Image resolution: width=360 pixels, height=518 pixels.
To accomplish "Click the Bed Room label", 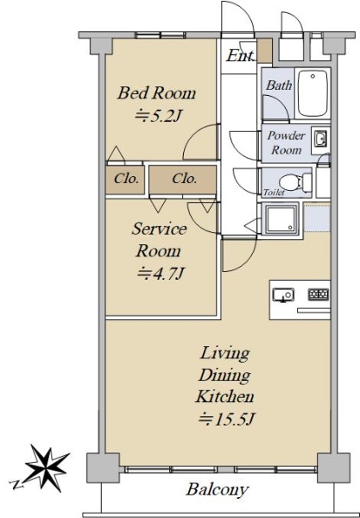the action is pos(156,93).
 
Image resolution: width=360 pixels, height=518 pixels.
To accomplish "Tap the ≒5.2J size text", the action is pos(159,116).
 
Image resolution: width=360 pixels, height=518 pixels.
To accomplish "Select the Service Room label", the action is pos(159,239).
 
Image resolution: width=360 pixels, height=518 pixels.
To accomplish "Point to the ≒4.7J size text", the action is pos(161,274).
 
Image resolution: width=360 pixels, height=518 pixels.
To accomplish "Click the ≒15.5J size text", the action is pos(226,420).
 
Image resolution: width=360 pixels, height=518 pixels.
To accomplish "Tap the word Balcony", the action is pos(217,490).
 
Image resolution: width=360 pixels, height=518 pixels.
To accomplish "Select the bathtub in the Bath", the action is pos(313,93).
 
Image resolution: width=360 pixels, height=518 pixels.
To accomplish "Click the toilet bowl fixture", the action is pos(295,183).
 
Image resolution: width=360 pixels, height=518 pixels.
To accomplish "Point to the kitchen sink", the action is pos(283,294).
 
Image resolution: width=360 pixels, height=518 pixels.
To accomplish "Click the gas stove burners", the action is pos(319,294).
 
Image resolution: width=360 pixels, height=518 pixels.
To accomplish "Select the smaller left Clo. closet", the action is pos(125,180).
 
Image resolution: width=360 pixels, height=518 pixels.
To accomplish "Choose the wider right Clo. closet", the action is pos(183,180).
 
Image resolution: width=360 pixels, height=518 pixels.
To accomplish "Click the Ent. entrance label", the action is pos(241,55).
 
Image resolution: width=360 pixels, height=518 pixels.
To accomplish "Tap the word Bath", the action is pos(279,85).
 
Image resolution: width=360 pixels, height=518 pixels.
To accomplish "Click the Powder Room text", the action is pos(286,142).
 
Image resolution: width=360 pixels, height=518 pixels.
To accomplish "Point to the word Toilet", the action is pos(274,193).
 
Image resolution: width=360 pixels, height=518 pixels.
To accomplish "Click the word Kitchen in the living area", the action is pos(224,396).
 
